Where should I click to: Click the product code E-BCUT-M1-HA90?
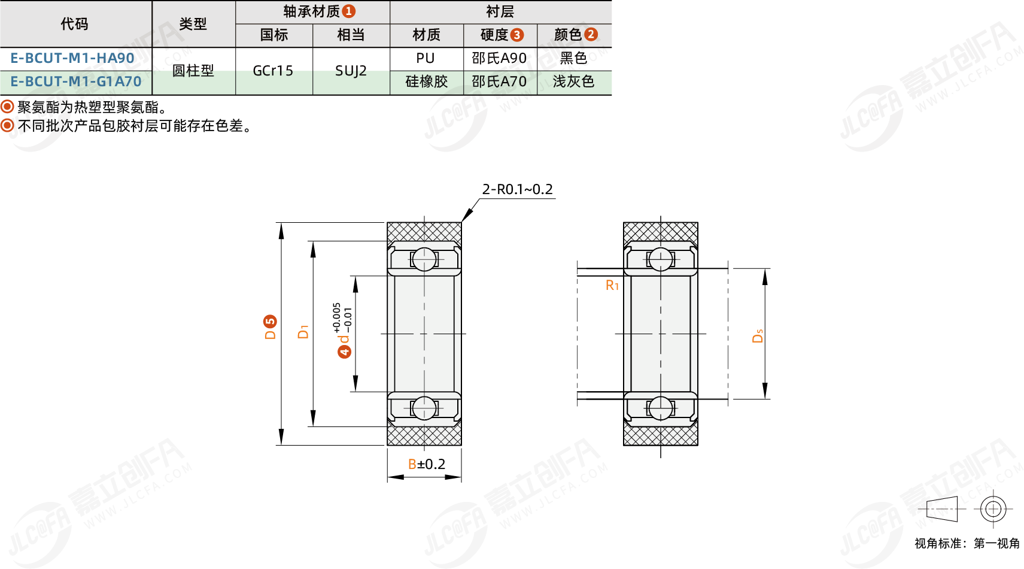click(x=72, y=58)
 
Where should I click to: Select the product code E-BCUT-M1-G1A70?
click(x=76, y=81)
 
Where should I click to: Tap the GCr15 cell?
click(x=273, y=71)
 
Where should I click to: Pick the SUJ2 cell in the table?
click(x=351, y=71)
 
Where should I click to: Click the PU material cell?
click(x=425, y=58)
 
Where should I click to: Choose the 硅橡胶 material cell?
click(x=427, y=81)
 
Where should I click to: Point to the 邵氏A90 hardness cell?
click(x=499, y=58)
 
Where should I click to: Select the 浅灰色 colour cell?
click(x=573, y=81)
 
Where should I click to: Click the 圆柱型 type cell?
click(x=193, y=71)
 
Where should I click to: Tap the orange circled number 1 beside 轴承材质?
click(x=349, y=11)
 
